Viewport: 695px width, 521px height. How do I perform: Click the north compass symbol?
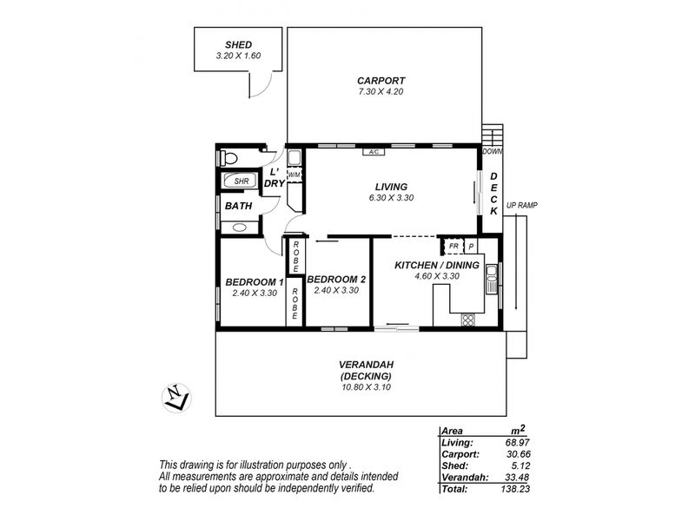point(176,398)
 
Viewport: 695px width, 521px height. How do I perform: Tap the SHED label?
point(238,45)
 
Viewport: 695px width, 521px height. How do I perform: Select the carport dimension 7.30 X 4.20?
point(381,92)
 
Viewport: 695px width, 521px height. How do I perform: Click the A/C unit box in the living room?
point(374,152)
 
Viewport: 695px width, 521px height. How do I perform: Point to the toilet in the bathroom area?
point(228,158)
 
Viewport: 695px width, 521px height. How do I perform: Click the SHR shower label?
point(242,181)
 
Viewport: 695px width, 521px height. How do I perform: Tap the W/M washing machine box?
point(294,175)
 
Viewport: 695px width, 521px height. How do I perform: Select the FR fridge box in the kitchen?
point(453,246)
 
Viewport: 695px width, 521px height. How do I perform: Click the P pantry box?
point(471,247)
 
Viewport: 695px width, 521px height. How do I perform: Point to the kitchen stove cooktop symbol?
point(467,320)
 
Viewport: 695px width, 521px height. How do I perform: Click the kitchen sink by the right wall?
point(491,278)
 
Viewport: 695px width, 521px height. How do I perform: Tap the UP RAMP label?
point(522,206)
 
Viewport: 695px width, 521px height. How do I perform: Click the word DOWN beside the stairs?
point(493,151)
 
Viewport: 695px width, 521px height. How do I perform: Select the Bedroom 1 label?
point(255,282)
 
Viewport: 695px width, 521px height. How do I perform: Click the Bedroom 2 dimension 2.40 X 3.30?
point(336,291)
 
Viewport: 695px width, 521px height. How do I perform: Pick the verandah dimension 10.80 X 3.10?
point(366,387)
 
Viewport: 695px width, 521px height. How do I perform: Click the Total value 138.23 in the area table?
point(515,489)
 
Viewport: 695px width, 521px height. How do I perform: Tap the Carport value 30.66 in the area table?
point(518,454)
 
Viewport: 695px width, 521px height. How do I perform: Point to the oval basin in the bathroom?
point(240,228)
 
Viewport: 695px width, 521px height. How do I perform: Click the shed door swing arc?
point(265,86)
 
